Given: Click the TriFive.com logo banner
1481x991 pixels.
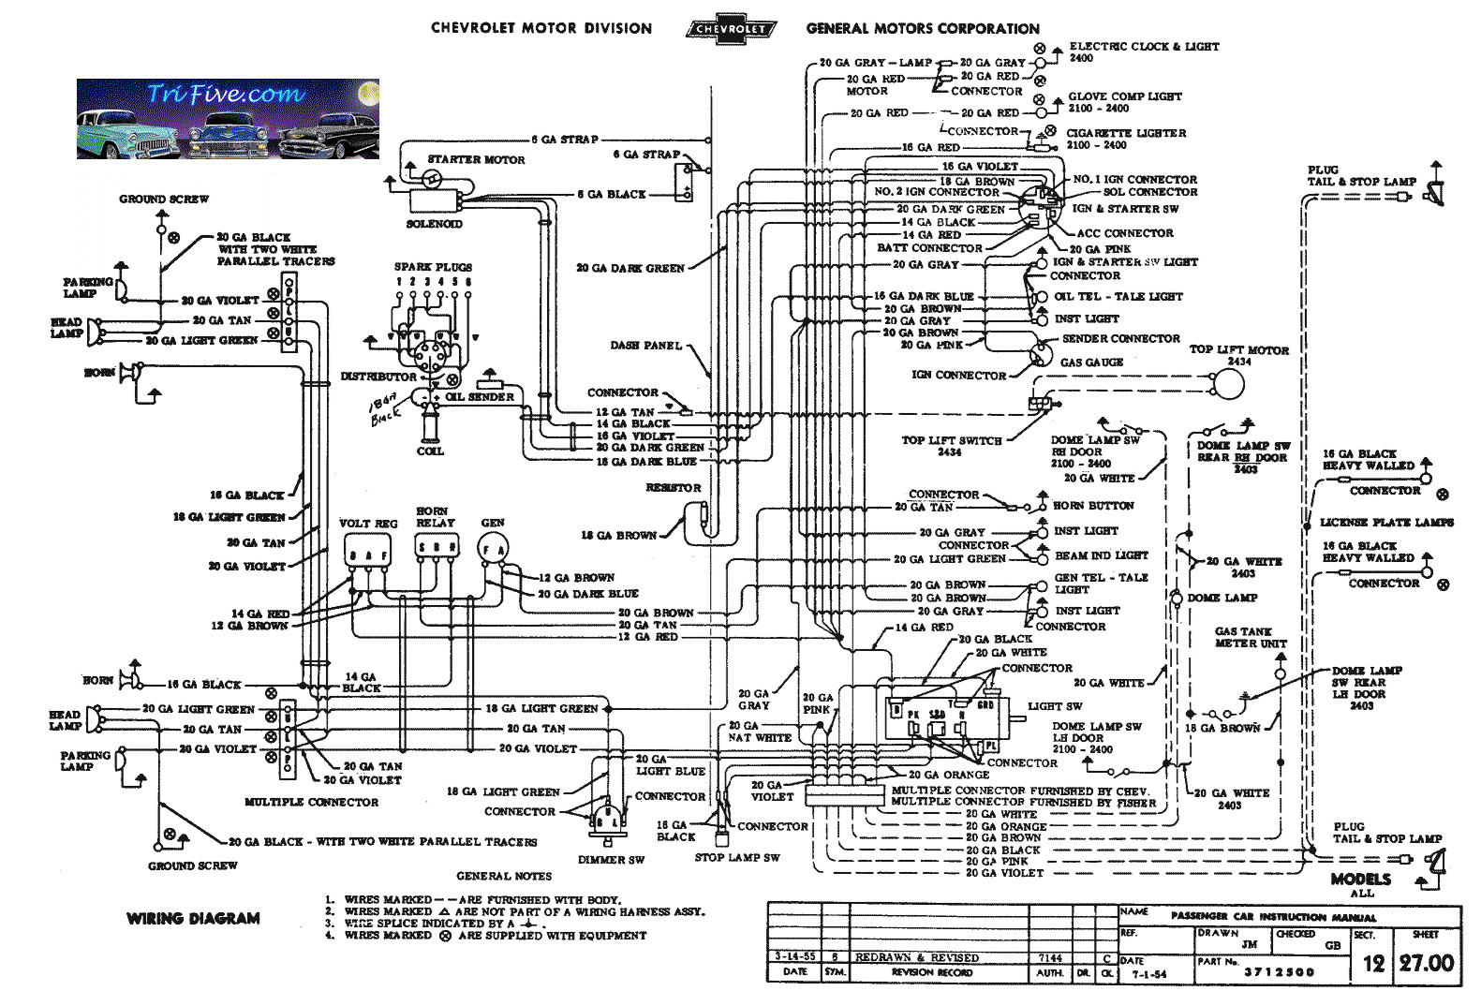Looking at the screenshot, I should tap(228, 119).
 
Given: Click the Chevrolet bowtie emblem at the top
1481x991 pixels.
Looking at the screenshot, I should tap(730, 28).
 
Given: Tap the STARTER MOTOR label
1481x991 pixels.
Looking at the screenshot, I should tap(476, 160).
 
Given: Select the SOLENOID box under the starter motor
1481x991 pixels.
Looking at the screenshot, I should tap(435, 200).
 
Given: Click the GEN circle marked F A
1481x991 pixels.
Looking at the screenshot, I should tap(493, 550).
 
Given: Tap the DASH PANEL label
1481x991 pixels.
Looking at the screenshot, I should tap(646, 346).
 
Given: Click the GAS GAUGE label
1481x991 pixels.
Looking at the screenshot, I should tap(1091, 362).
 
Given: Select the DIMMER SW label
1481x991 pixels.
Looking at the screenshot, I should tap(611, 860).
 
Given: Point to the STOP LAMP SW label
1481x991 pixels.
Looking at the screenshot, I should tap(737, 857).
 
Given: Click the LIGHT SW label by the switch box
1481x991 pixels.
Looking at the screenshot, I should tap(1055, 706).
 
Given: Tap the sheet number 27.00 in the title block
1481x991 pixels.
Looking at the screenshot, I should tap(1427, 963).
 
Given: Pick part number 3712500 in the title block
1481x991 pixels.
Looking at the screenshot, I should tap(1279, 972).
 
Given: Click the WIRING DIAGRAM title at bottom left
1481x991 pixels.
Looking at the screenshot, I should tap(193, 919).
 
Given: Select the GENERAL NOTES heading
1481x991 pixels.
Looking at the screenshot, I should tap(504, 876).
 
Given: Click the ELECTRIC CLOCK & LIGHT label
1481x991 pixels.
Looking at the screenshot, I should tap(1144, 46).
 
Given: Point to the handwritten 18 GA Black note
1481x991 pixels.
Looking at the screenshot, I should tap(385, 409).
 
